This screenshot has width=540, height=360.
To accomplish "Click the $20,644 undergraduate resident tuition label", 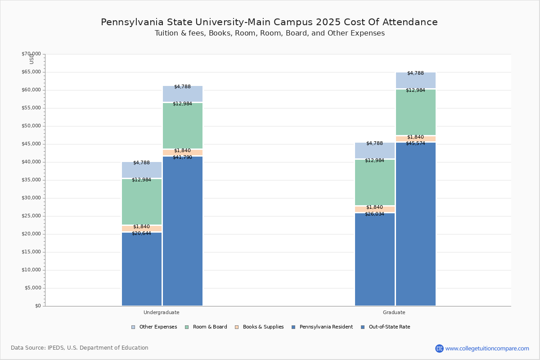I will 141,233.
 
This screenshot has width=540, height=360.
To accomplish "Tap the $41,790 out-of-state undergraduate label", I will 182,157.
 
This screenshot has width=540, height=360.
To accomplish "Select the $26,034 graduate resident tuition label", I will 374,214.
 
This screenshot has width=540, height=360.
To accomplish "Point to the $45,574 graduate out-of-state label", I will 415,143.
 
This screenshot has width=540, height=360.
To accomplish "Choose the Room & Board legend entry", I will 210,327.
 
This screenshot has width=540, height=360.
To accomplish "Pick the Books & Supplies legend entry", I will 263,327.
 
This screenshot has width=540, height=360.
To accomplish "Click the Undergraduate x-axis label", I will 161,312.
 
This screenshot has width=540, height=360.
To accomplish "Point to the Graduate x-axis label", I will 394,312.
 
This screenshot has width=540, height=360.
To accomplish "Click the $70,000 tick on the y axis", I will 31,54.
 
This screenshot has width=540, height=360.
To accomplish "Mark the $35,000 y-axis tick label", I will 31,180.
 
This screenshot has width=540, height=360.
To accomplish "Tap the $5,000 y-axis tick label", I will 32,288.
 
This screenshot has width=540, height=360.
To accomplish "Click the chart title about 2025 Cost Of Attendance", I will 269,22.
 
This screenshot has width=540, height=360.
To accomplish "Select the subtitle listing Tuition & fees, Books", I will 270,33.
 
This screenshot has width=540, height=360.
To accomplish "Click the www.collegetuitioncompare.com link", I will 487,348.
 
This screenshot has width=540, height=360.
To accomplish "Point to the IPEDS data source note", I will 79,348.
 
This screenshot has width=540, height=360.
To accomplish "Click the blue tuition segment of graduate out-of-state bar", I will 415,225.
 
